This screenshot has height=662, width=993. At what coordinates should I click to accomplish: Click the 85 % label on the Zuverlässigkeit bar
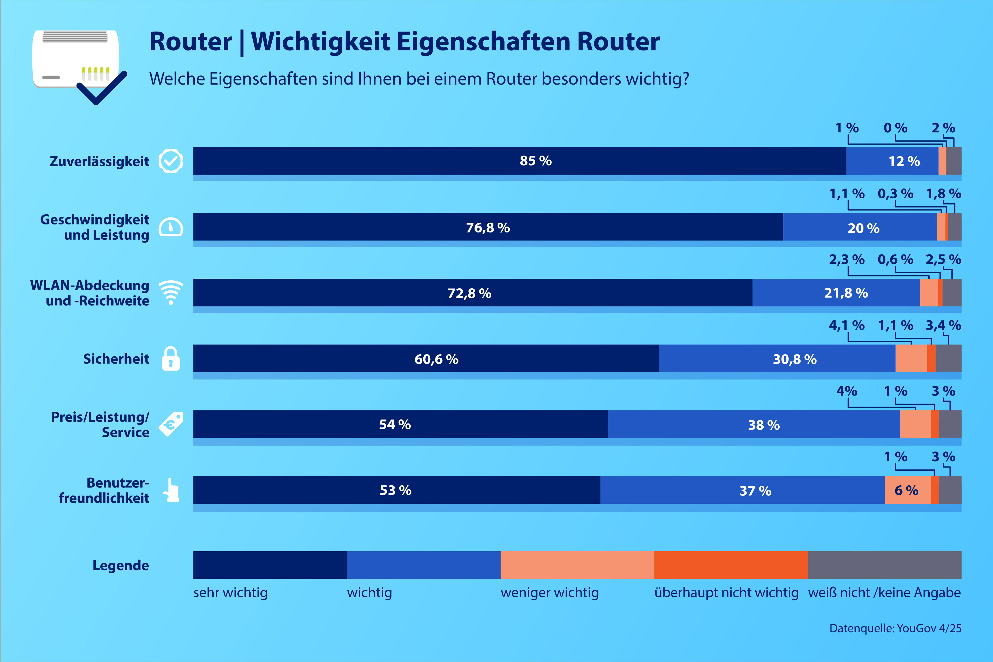535,161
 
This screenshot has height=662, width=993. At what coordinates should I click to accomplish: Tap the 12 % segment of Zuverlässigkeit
904,161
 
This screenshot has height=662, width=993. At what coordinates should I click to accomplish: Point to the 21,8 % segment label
846,293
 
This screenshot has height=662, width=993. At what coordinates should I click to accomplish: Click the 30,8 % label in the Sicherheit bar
795,359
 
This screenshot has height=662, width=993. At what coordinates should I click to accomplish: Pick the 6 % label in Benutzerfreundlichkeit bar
906,491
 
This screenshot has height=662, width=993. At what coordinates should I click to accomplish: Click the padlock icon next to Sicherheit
171,359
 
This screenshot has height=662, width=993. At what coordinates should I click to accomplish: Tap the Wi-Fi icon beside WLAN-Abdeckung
171,292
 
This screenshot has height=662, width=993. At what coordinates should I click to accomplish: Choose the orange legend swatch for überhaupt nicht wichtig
731,565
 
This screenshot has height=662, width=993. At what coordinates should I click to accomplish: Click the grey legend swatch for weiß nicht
884,565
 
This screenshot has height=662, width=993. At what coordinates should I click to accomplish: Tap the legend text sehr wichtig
230,593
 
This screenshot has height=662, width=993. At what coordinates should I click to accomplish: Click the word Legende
121,565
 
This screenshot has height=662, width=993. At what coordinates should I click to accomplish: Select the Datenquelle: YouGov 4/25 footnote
895,628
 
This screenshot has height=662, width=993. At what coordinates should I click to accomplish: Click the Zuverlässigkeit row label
99,161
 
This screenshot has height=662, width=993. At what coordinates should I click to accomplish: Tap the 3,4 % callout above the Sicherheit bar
943,326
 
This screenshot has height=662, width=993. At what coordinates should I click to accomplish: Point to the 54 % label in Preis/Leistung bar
395,425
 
